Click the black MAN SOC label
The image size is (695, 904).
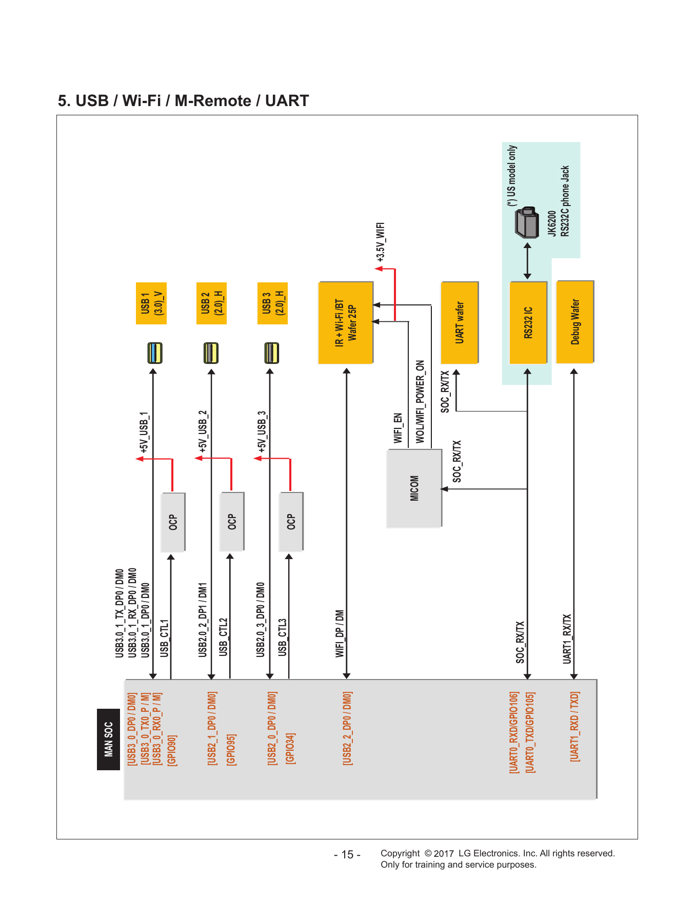pos(108,739)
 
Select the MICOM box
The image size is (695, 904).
pos(414,488)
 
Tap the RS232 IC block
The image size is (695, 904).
pos(528,322)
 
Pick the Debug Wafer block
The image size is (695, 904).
pos(575,321)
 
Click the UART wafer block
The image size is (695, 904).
pos(460,322)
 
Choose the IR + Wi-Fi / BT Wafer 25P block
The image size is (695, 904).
pos(346,323)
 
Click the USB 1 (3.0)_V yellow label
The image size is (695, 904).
pos(151,303)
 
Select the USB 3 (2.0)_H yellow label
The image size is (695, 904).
pos(272,303)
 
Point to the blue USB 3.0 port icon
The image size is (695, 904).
pos(154,353)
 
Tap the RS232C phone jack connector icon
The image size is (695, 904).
pos(527,222)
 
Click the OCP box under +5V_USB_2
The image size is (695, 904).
pos(232,522)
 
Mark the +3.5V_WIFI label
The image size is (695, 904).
pos(380,242)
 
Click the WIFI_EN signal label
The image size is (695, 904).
pos(398,428)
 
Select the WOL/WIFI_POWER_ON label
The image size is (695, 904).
pos(420,402)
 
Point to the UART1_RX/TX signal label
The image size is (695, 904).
pos(567,639)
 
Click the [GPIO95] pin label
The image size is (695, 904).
pos(231,750)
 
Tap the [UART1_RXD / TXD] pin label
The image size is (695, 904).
pos(575,727)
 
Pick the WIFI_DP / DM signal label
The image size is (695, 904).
pos(340,634)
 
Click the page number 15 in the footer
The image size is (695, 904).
pos(347,855)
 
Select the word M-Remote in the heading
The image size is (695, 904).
pos(213,100)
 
